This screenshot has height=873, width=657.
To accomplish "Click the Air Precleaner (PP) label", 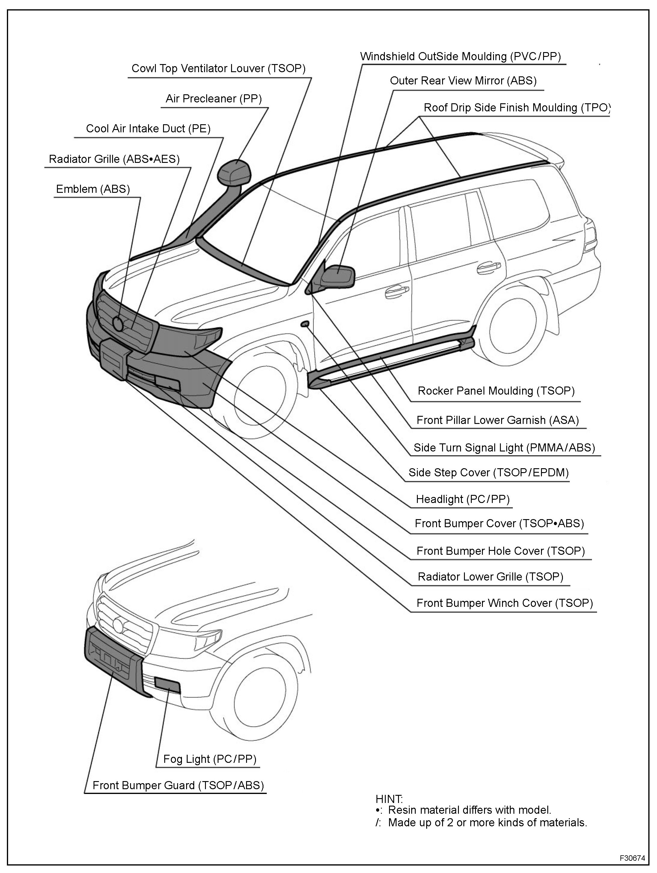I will click(x=213, y=99).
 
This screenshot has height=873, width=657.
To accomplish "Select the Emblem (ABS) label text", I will click(x=93, y=189).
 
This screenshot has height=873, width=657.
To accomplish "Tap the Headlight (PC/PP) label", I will click(x=462, y=499).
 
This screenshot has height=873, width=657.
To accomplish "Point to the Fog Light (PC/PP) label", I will click(x=210, y=759).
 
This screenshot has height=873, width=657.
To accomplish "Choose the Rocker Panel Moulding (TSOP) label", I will click(x=496, y=391).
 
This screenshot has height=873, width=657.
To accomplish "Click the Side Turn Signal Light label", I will click(x=504, y=448).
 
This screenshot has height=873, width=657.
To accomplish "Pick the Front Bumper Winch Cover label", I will click(x=504, y=603).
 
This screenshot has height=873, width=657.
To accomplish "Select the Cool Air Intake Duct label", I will click(x=148, y=129).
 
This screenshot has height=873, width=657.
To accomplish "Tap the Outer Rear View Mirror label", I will click(x=463, y=81).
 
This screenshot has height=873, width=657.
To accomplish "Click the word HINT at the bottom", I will click(x=389, y=799).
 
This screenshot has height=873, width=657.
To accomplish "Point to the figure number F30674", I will click(x=632, y=858).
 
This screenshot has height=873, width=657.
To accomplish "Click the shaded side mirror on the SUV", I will click(x=337, y=275).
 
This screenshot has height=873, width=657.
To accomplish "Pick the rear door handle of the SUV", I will click(x=488, y=268).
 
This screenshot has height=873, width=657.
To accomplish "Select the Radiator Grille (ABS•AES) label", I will click(x=114, y=159).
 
